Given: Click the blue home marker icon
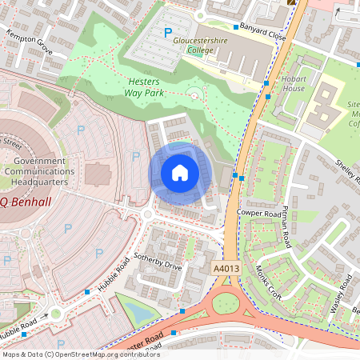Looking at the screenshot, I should [180, 172].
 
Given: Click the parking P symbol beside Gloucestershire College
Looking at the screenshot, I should [167, 33].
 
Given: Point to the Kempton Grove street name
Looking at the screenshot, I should [29, 44].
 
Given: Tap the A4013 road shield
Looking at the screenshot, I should [226, 270].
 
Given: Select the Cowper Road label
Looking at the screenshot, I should [259, 214].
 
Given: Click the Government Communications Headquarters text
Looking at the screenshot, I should [39, 170].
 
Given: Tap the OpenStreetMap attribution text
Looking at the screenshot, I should [70, 354].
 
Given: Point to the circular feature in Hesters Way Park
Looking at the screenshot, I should [194, 96].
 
